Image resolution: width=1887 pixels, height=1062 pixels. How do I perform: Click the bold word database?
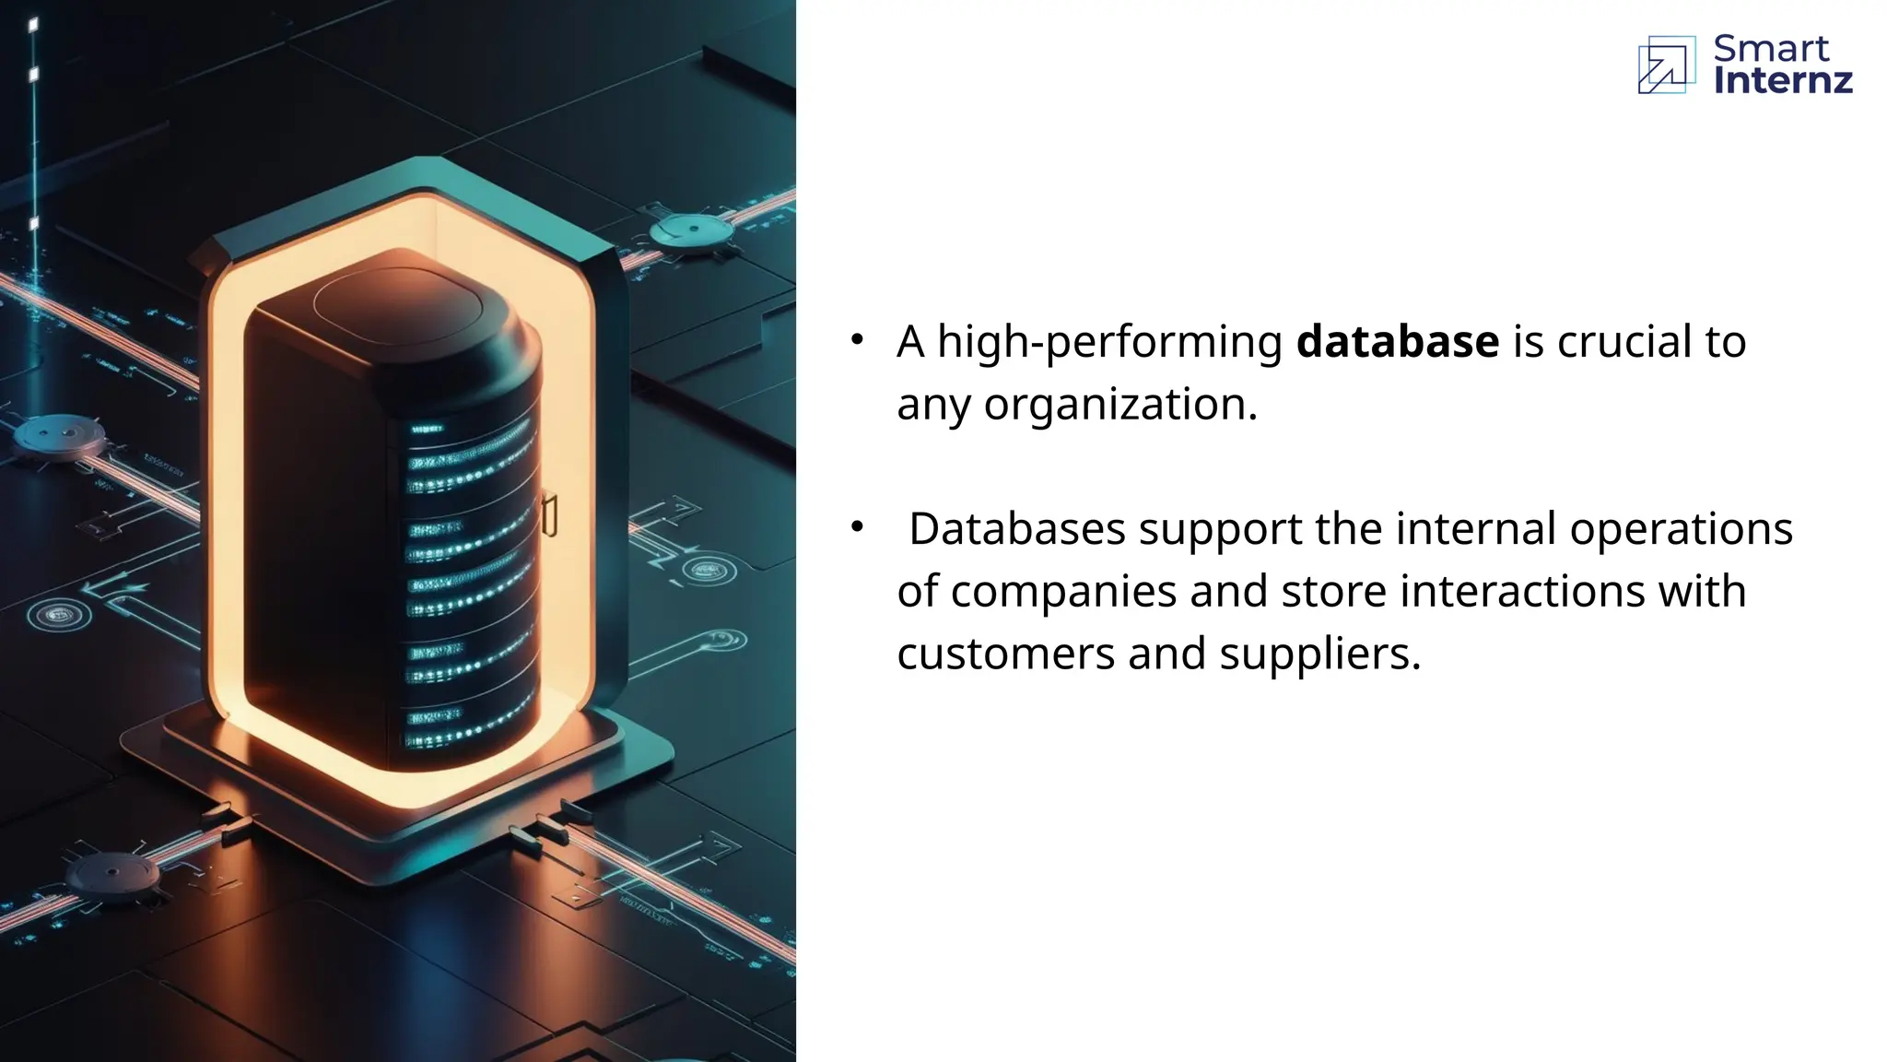1397,342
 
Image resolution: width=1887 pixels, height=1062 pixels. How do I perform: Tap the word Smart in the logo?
1770,48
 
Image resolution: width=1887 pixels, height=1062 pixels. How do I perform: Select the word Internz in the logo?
1782,81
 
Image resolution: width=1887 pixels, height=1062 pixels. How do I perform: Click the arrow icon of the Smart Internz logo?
1666,65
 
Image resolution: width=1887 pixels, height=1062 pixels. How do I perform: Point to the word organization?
1119,405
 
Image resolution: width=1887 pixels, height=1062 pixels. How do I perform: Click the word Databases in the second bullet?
1017,529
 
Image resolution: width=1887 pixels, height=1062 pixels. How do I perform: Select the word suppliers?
1319,655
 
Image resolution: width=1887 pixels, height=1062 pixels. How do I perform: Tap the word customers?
1006,655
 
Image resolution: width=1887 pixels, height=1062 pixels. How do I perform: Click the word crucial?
1624,342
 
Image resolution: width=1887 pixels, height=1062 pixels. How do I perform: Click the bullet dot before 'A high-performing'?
857,340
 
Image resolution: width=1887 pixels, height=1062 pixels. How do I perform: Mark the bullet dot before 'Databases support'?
857,527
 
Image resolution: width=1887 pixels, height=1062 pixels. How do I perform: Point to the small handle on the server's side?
549,514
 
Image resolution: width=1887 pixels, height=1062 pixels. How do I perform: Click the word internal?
1476,529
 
